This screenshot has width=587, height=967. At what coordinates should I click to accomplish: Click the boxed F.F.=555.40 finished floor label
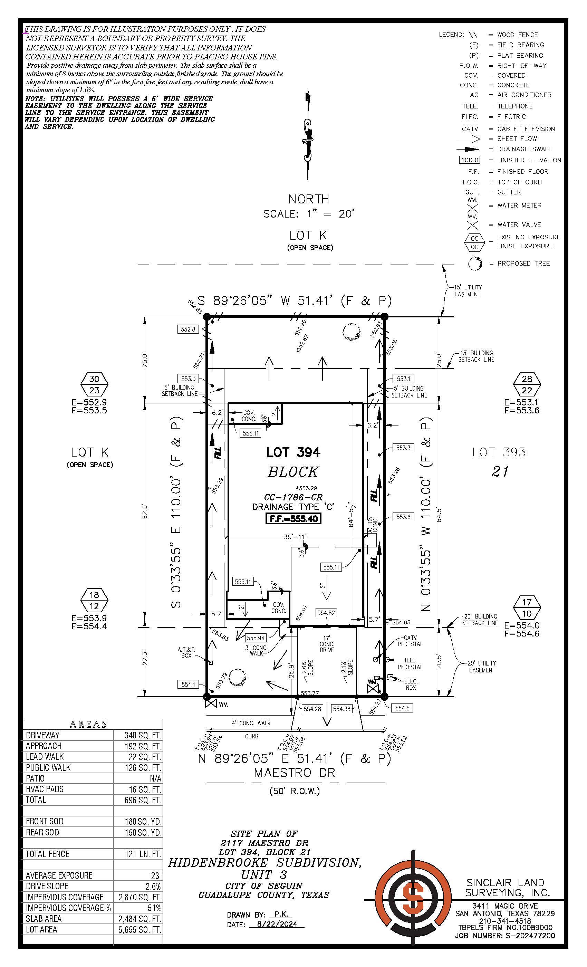click(293, 518)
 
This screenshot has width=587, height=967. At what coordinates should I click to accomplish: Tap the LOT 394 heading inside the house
click(293, 452)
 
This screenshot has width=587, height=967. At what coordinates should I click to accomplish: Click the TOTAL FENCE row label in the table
click(47, 854)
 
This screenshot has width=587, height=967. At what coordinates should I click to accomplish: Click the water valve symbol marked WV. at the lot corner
click(211, 702)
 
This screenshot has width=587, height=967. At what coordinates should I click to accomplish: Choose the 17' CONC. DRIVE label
click(326, 644)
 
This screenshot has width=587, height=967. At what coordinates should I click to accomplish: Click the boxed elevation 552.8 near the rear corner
click(188, 329)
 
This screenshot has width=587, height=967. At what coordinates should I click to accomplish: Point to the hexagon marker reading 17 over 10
click(527, 607)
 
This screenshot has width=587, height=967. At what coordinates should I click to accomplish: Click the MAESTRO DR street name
click(294, 773)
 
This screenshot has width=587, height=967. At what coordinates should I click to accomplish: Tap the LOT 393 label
click(499, 452)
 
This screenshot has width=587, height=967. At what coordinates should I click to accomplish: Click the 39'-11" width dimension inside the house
click(296, 536)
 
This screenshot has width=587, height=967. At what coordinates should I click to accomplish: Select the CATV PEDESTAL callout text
click(410, 641)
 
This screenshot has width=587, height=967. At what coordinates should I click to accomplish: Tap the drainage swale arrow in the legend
click(468, 149)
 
